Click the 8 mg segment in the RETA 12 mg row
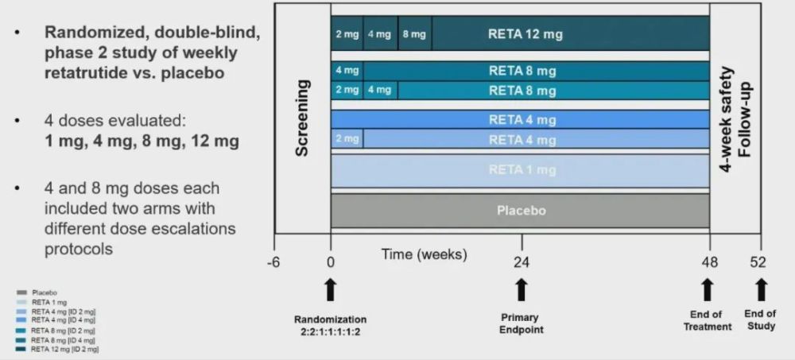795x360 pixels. pyautogui.click(x=414, y=35)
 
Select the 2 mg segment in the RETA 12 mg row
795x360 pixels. pyautogui.click(x=347, y=35)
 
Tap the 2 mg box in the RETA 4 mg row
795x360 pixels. pyautogui.click(x=347, y=139)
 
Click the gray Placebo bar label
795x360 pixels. pyautogui.click(x=521, y=211)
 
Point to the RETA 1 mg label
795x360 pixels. pyautogui.click(x=522, y=170)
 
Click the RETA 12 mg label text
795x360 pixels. pyautogui.click(x=522, y=35)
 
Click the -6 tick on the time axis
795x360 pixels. pyautogui.click(x=274, y=262)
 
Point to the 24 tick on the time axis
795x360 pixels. pyautogui.click(x=521, y=262)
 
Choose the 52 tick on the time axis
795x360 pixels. pyautogui.click(x=761, y=262)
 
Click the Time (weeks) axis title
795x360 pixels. pyautogui.click(x=424, y=254)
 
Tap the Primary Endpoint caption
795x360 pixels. pyautogui.click(x=522, y=323)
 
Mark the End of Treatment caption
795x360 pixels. pyautogui.click(x=708, y=320)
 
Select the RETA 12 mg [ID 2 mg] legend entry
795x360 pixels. pyautogui.click(x=63, y=348)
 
